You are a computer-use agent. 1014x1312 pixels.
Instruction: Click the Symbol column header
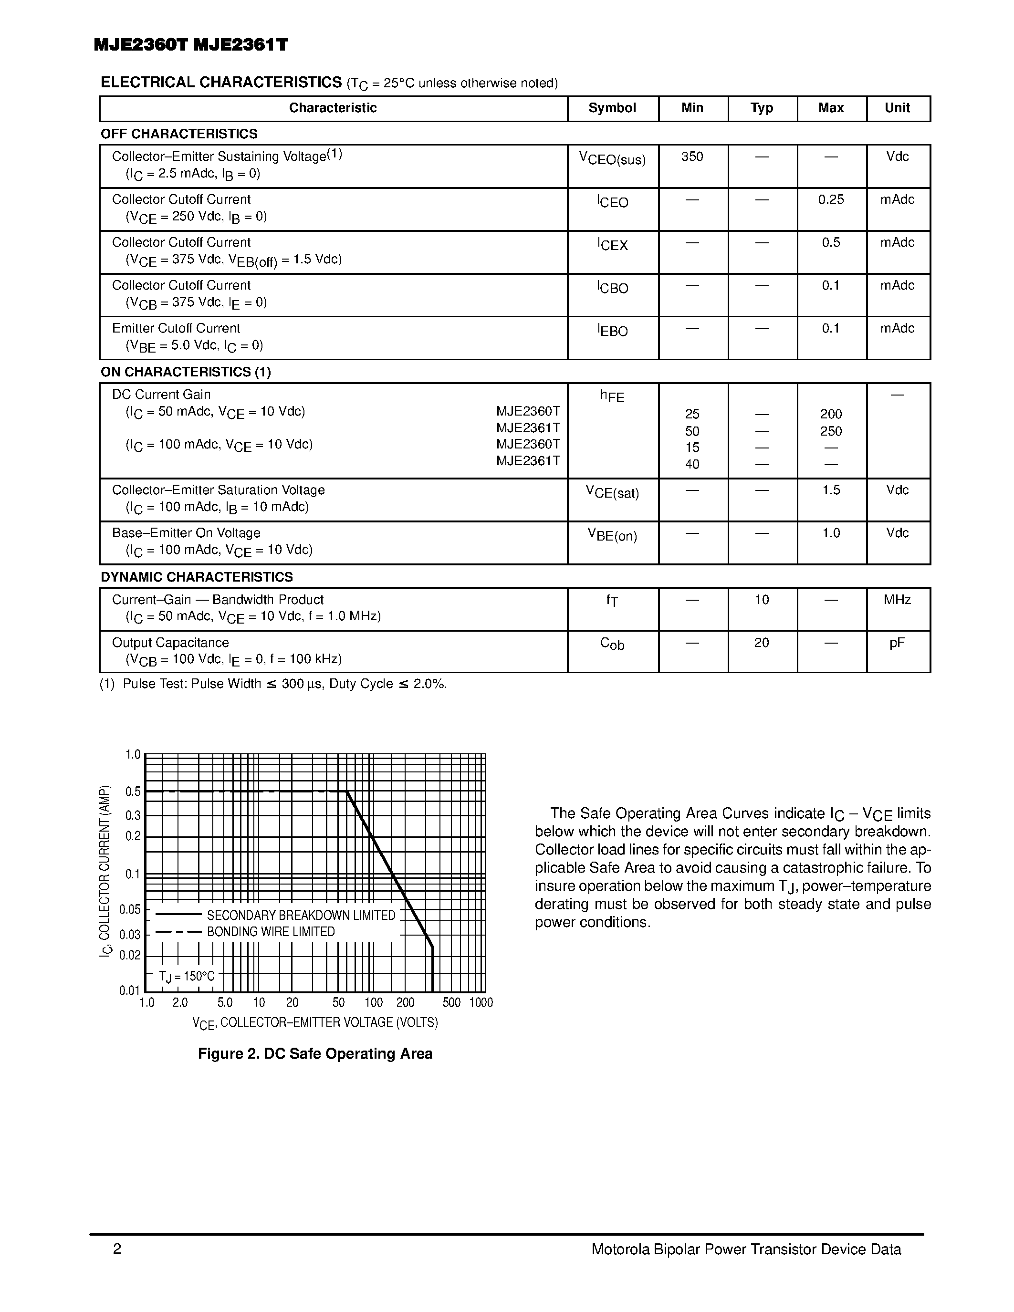612,108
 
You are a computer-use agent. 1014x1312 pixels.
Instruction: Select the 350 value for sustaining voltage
692,157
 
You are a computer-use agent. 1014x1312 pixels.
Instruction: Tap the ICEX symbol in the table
612,244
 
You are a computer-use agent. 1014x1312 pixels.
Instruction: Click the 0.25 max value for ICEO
831,200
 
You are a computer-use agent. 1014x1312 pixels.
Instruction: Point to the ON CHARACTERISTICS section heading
185,372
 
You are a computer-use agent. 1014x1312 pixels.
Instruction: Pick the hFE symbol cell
612,396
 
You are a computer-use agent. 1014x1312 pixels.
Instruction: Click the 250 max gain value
831,431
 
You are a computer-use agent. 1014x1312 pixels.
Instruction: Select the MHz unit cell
897,600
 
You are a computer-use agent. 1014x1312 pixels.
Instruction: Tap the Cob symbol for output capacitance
612,644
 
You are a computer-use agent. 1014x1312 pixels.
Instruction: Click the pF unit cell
897,643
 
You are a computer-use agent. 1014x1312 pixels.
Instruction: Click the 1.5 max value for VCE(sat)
831,490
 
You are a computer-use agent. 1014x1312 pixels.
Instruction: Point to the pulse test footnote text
273,684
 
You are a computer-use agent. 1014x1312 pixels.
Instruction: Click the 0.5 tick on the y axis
133,792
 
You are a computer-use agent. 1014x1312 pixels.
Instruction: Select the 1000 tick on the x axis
481,1003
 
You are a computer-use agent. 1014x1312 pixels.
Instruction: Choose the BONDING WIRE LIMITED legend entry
270,932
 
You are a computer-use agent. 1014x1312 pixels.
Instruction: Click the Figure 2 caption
315,1054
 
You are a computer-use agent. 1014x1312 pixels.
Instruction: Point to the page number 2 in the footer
117,1250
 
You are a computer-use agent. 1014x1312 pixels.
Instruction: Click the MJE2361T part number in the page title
241,45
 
